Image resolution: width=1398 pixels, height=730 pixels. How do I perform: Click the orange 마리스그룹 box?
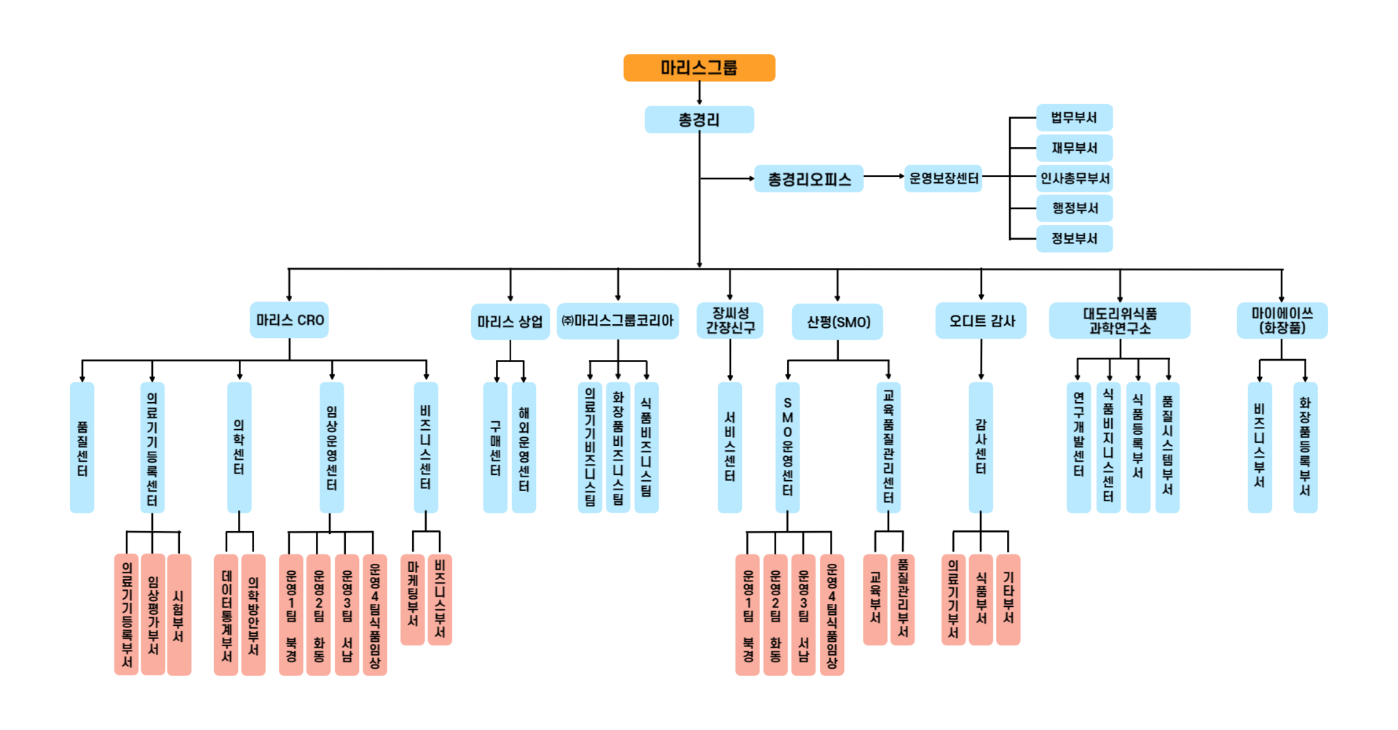699,68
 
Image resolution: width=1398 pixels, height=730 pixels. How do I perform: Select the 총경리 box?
699,119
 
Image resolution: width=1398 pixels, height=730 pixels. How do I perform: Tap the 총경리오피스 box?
809,178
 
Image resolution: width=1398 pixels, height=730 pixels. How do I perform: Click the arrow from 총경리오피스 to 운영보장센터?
883,176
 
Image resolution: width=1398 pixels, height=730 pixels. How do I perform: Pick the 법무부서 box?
1074,118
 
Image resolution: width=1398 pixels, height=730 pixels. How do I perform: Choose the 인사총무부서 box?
1074,178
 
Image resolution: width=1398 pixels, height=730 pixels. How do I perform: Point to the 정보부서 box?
1074,238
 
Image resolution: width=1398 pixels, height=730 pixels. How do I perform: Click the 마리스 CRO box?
289,321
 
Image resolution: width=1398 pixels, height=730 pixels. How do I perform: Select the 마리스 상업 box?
510,321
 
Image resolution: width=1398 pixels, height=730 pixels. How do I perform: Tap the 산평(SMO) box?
837,322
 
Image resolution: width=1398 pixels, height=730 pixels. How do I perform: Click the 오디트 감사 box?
981,321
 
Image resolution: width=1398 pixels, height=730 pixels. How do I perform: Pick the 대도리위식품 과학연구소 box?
1119,321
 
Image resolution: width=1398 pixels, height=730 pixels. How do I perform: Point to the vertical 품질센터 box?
82,447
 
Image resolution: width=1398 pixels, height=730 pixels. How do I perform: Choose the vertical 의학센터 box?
240,447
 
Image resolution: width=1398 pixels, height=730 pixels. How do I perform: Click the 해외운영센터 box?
524,447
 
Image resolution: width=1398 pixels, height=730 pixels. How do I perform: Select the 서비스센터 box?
730,447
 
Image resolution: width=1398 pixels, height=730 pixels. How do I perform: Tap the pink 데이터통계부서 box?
226,615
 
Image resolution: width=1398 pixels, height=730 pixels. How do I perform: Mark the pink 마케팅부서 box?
413,600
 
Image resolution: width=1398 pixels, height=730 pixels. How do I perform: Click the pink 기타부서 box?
1008,600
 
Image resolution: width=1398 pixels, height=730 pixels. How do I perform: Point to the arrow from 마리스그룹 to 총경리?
699,93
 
